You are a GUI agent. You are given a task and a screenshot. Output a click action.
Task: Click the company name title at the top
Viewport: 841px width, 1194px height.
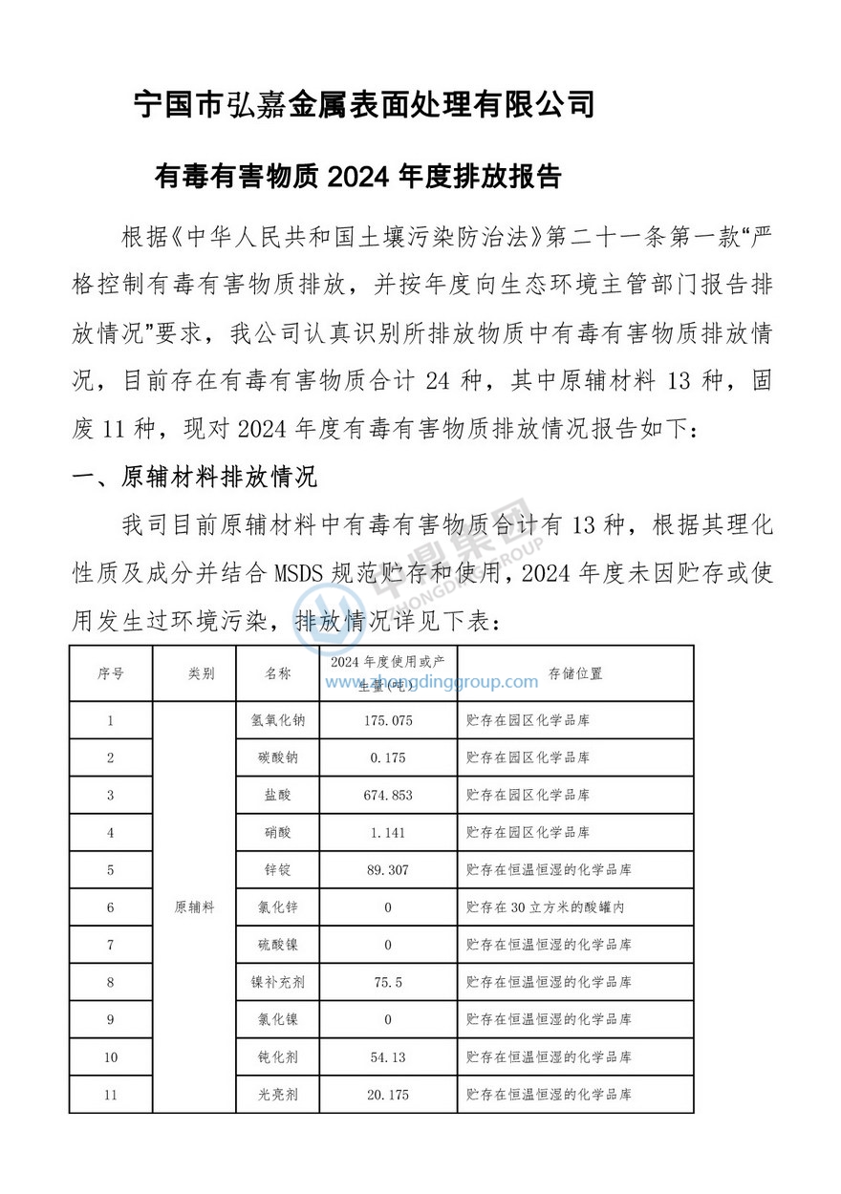point(364,103)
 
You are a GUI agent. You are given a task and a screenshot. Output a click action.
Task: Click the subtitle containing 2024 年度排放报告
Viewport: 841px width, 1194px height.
point(357,177)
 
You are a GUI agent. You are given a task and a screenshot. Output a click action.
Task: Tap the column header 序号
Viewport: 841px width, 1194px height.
point(111,673)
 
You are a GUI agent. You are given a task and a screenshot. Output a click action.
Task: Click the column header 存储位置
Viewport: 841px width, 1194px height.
point(575,673)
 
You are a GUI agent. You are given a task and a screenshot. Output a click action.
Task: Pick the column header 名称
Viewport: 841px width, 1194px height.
point(278,673)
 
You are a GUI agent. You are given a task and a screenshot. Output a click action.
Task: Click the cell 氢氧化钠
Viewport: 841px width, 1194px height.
point(278,720)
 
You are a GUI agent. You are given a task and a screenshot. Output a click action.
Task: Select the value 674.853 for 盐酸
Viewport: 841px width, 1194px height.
point(388,795)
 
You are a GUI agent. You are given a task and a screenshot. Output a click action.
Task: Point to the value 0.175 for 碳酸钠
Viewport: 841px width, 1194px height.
point(388,757)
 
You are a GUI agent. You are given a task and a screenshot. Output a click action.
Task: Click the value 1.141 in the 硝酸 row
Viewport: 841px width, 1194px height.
point(388,832)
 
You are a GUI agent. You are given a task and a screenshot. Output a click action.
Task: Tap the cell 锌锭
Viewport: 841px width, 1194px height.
point(278,870)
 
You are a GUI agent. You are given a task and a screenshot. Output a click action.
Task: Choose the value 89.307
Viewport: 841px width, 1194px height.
point(388,870)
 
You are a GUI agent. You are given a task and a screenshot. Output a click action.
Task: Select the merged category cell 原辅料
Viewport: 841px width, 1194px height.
point(194,907)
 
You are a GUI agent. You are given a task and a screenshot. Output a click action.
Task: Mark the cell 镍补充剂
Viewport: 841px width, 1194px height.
point(278,982)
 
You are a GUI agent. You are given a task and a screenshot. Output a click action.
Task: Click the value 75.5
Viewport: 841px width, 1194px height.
point(388,982)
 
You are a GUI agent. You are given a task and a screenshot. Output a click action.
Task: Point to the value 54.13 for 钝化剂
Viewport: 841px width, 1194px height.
point(388,1057)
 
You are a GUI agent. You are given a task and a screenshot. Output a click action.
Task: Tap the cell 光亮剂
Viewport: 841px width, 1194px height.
point(278,1095)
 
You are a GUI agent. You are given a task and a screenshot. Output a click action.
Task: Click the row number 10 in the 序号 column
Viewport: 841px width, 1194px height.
point(111,1057)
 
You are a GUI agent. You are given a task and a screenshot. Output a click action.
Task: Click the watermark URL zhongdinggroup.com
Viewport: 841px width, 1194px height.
point(431,682)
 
